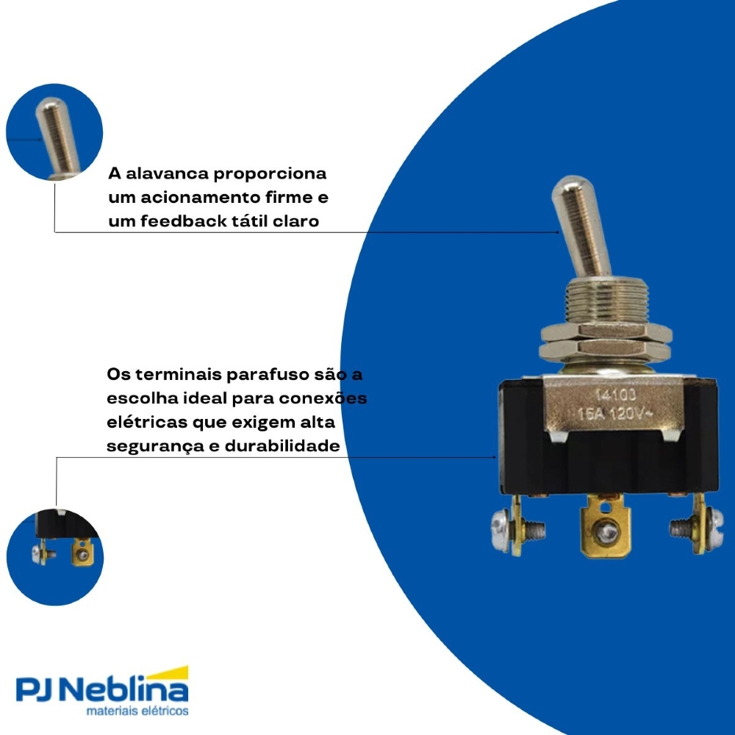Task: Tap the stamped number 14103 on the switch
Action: coord(615,395)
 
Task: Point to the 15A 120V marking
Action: coord(614,413)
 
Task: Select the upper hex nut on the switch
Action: coord(606,332)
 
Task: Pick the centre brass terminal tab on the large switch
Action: coord(605,528)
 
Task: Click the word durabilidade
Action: coord(282,445)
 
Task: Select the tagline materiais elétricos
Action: coord(137,711)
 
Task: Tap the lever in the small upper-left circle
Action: coord(57,136)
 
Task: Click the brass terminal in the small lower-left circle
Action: coord(82,553)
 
